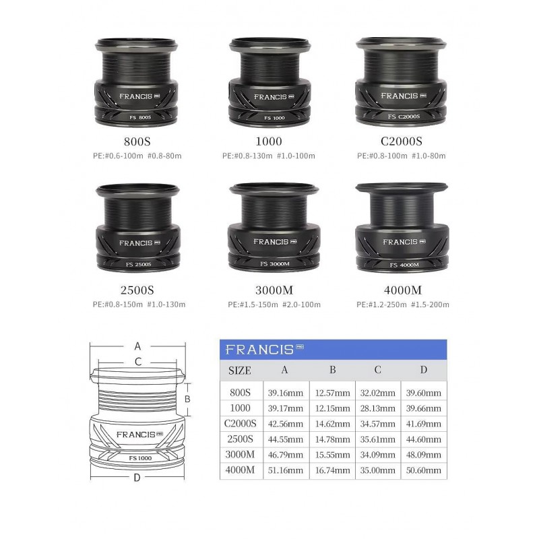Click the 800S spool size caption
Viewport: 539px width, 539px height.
[137, 141]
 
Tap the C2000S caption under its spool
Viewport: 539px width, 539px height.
[401, 141]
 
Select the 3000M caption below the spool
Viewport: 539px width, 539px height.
[274, 290]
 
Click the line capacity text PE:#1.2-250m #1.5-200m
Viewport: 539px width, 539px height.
[402, 305]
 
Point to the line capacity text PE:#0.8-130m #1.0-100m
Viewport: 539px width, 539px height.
[268, 156]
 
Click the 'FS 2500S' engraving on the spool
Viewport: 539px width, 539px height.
[138, 264]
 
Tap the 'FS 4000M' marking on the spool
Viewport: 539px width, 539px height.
[404, 265]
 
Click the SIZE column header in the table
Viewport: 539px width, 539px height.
[240, 370]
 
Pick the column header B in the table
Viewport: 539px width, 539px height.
[332, 369]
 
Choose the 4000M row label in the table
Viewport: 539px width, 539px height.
[240, 470]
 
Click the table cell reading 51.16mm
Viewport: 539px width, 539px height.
[285, 470]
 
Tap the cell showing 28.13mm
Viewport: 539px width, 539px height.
[377, 408]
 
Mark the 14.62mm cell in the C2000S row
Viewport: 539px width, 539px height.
[332, 424]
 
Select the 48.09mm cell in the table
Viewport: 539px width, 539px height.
[424, 454]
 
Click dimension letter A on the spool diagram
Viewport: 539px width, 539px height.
[137, 346]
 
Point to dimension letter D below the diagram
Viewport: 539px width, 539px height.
[137, 478]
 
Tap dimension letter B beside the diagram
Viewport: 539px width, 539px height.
[187, 399]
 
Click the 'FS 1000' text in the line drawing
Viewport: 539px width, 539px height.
[140, 458]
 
